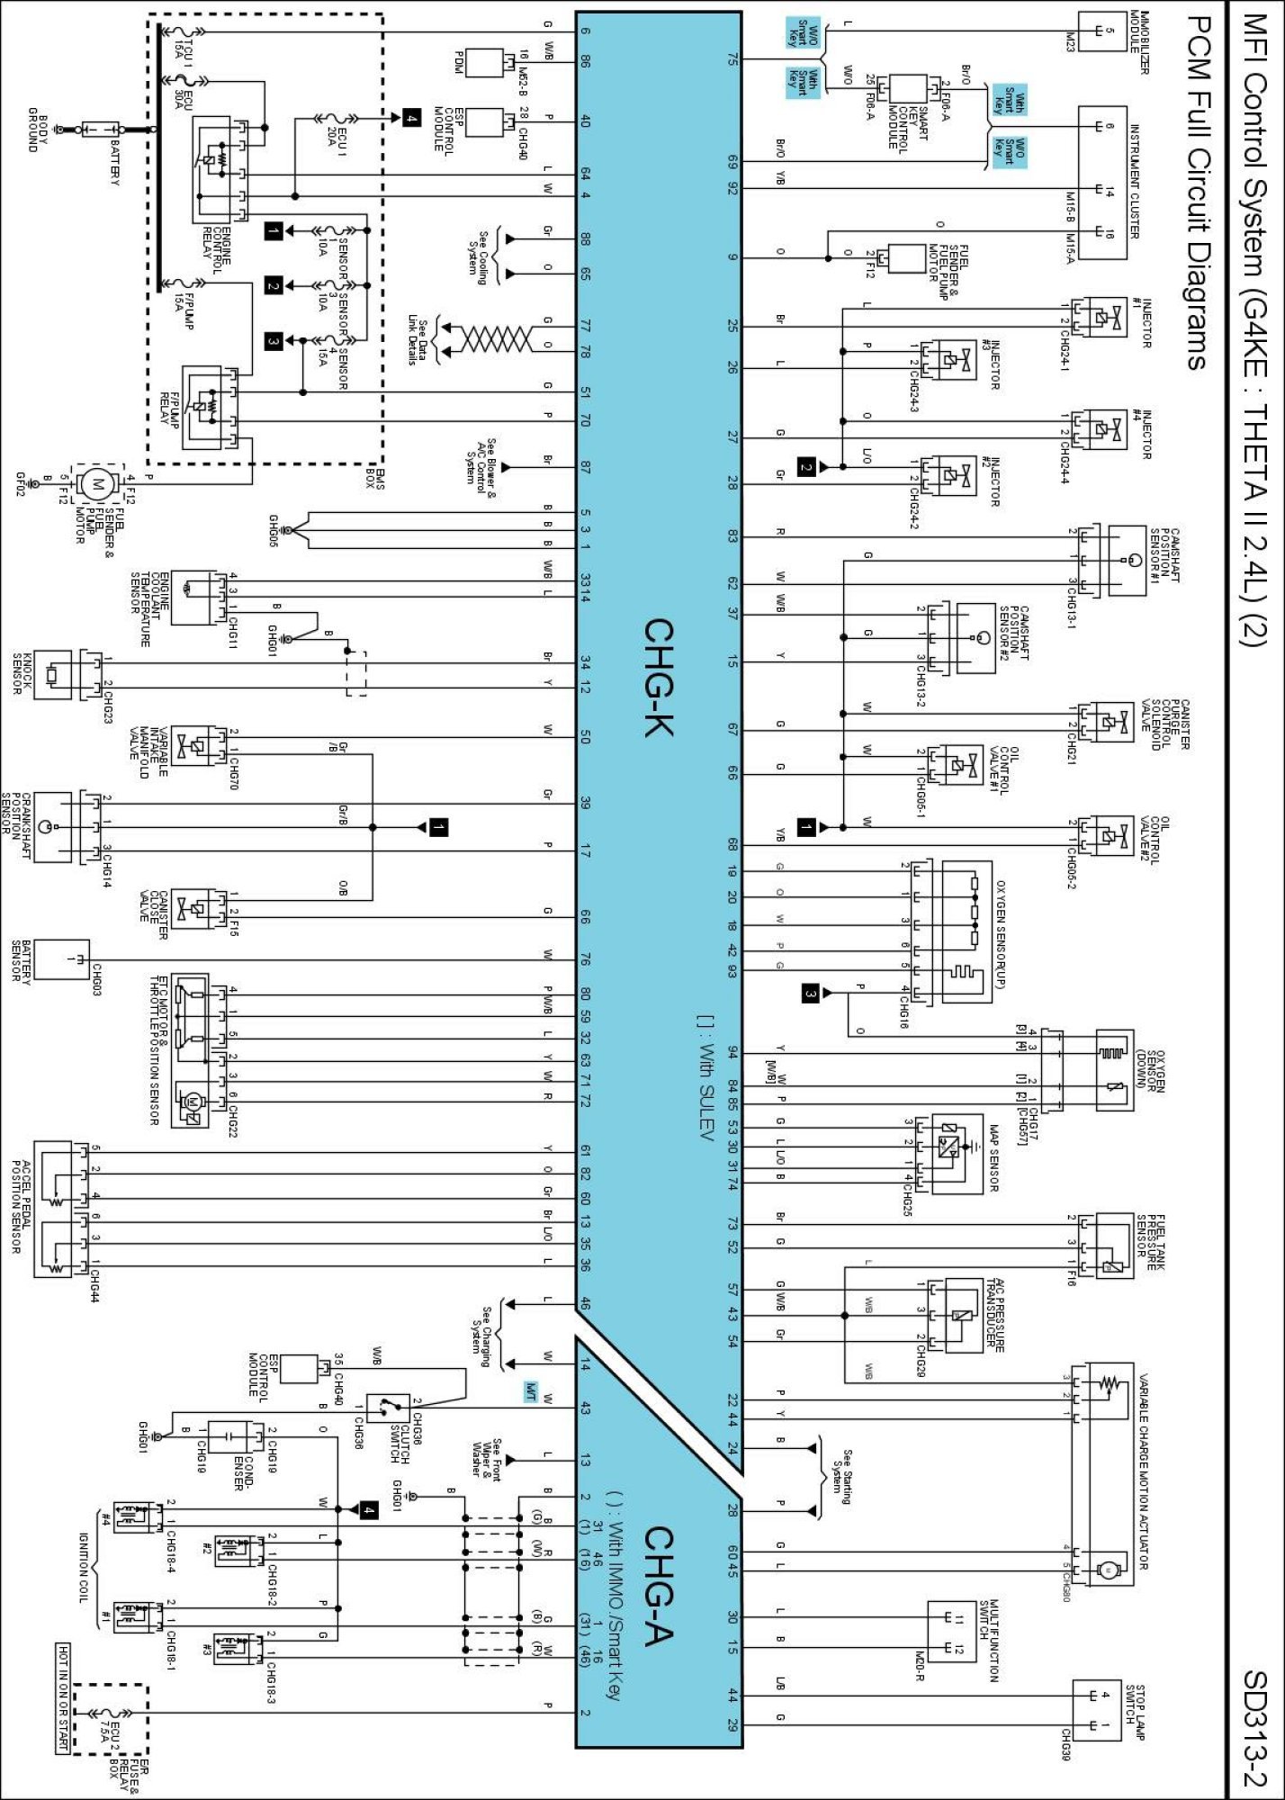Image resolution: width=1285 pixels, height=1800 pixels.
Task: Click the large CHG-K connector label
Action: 660,677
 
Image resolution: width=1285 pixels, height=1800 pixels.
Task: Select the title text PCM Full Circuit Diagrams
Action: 1195,193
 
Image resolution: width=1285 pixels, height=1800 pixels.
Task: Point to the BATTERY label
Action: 115,163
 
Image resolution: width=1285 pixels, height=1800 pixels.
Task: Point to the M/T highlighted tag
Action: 532,1390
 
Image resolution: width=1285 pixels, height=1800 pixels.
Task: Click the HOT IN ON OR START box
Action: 63,1697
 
